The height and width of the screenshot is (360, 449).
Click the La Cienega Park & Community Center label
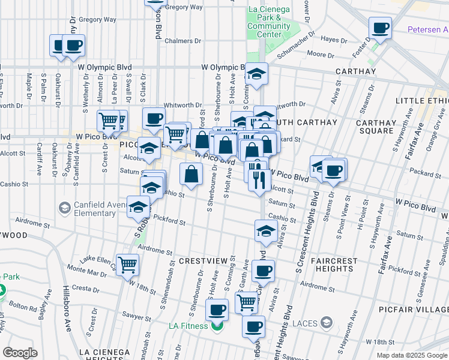click(268, 22)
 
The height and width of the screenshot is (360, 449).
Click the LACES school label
click(305, 323)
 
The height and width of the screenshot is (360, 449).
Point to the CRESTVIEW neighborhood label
click(203, 261)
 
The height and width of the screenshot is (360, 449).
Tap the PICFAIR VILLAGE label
click(414, 309)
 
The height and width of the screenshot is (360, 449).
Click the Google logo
click(20, 353)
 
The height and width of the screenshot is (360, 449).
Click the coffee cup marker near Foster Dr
click(380, 28)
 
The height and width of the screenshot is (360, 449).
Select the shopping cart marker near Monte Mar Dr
click(127, 264)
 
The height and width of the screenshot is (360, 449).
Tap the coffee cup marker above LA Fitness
click(217, 310)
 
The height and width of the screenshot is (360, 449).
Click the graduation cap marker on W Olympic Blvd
click(257, 73)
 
